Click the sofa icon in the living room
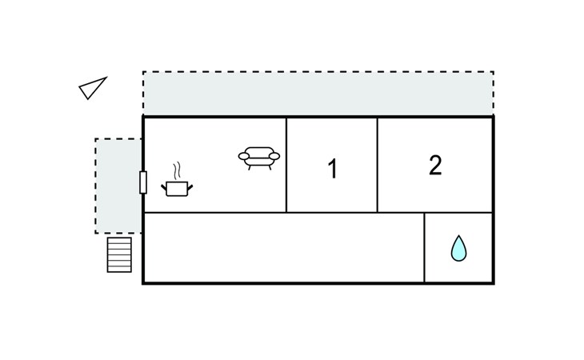pos(259,158)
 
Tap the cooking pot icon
pos(177,188)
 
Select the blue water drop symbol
pos(458,248)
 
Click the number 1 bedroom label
pos(333,169)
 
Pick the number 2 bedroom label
pos(435,165)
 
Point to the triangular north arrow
pos(93,88)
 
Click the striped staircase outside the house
pos(119,255)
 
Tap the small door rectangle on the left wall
pos(143,182)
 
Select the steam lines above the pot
pos(178,170)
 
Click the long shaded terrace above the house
pos(318,94)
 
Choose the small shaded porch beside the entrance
pos(118,186)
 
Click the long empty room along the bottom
pos(284,247)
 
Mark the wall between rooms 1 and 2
pos(378,166)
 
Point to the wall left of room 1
pos(286,166)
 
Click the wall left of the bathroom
pos(424,247)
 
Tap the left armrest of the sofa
pos(244,156)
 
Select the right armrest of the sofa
pos(274,156)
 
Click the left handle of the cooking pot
pos(164,187)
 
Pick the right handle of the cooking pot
pos(190,187)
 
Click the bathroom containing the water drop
pos(458,247)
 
